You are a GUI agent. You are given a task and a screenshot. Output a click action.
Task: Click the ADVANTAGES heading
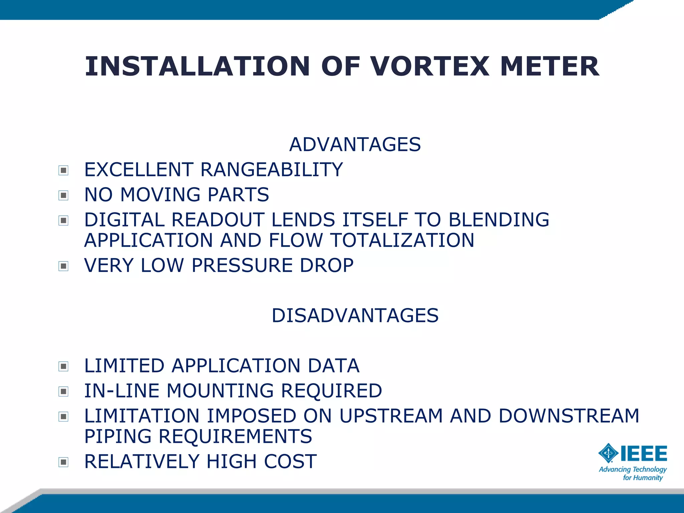(355, 145)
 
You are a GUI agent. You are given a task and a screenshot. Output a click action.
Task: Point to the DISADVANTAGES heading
(355, 316)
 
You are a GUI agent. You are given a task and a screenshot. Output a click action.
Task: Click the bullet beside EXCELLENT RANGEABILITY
(63, 170)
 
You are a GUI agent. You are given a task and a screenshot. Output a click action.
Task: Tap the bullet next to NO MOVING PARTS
(63, 195)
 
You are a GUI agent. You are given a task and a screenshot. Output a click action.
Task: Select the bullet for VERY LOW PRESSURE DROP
(63, 266)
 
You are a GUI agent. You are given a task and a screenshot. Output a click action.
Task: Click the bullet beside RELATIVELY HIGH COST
(63, 462)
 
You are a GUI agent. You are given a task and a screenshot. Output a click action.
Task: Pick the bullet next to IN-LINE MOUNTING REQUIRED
(63, 391)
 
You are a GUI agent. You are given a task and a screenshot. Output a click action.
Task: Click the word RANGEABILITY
(272, 170)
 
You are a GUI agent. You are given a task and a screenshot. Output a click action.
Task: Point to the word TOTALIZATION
(402, 240)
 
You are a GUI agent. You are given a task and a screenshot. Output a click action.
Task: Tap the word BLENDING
(499, 220)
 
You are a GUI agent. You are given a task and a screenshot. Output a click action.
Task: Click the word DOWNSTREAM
(568, 416)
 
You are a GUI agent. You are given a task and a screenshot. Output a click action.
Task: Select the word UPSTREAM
(391, 416)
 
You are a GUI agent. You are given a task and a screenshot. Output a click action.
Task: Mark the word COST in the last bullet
(290, 462)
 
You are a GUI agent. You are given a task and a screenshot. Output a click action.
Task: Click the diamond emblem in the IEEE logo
(609, 453)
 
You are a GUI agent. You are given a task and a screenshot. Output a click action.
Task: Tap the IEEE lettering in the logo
(644, 454)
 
